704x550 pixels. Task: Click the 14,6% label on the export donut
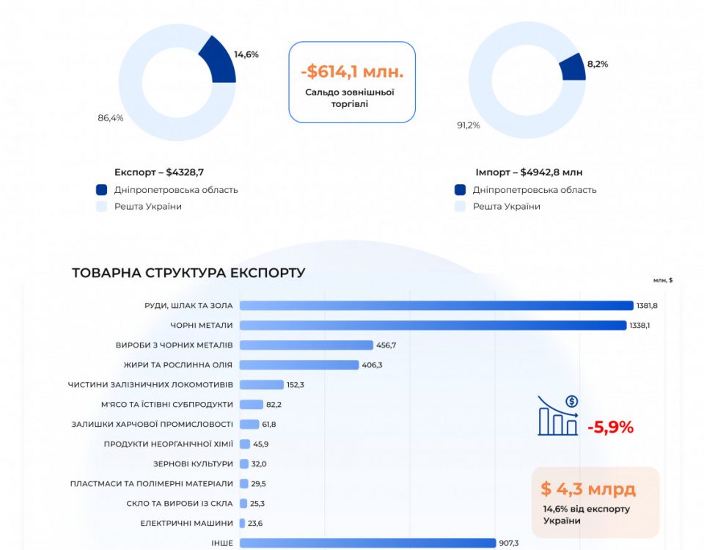point(246,54)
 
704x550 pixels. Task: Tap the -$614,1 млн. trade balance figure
point(352,72)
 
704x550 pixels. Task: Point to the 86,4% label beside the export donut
point(111,118)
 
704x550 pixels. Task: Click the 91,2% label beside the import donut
point(469,125)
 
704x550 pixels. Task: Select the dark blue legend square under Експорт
point(101,190)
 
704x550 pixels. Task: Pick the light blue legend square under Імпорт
point(460,207)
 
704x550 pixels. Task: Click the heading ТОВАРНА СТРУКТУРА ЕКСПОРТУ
point(188,273)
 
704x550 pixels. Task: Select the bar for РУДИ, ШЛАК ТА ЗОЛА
point(436,306)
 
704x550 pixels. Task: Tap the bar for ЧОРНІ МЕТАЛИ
point(433,326)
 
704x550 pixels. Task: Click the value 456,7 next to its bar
point(386,345)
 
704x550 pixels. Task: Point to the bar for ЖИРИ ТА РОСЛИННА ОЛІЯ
point(299,365)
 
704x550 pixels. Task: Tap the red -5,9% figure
point(610,427)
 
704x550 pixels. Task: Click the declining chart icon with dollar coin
point(558,415)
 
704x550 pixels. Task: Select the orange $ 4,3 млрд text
point(588,488)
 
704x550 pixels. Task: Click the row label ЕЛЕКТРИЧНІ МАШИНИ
point(186,524)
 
